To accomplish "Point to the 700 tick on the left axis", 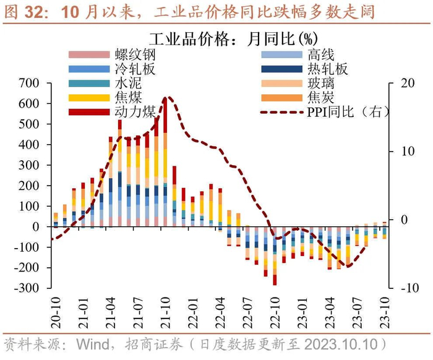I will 30,83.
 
